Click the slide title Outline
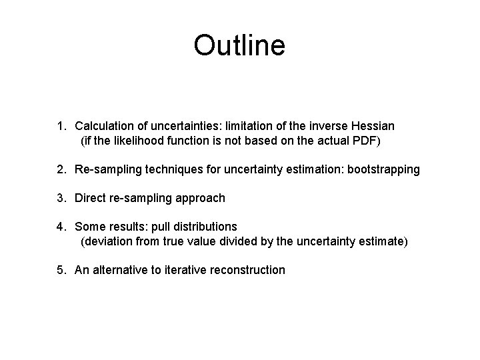pyautogui.click(x=239, y=45)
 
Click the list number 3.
pyautogui.click(x=61, y=198)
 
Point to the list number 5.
pyautogui.click(x=61, y=270)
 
